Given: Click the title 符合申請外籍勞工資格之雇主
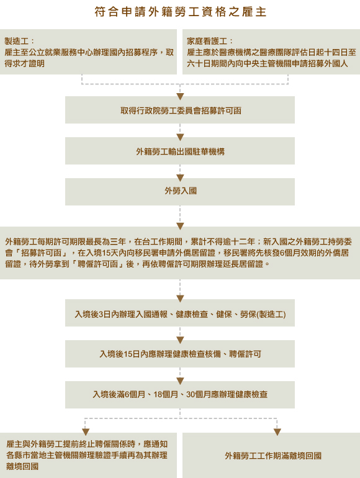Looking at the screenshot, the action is coord(180,12).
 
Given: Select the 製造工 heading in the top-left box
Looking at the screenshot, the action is coord(17,42).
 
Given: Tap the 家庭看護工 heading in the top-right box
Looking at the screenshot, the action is coord(207,42).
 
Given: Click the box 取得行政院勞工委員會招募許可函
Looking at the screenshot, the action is coord(180,110).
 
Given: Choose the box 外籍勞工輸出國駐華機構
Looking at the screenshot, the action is coord(180,151).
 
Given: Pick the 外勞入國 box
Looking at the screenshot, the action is coord(180,192).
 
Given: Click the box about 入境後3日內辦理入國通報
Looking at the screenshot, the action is coord(180,313).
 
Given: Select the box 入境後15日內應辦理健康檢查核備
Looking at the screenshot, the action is coord(180,354).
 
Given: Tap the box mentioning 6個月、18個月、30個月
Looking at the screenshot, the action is coord(180,394).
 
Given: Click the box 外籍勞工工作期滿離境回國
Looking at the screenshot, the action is coord(271,456).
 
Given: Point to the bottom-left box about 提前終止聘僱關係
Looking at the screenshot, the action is coord(88,456).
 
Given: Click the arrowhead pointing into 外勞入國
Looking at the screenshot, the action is coord(180,178).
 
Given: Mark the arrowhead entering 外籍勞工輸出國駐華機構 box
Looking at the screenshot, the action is coord(180,137).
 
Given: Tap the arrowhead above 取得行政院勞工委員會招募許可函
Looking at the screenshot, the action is coord(180,96).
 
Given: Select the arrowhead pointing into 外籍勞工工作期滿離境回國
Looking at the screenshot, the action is coord(277,432).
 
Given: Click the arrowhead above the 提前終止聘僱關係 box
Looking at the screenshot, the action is coord(86,432).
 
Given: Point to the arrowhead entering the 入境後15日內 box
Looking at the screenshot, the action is coord(180,340).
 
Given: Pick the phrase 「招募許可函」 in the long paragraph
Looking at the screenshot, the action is coord(40,253).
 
